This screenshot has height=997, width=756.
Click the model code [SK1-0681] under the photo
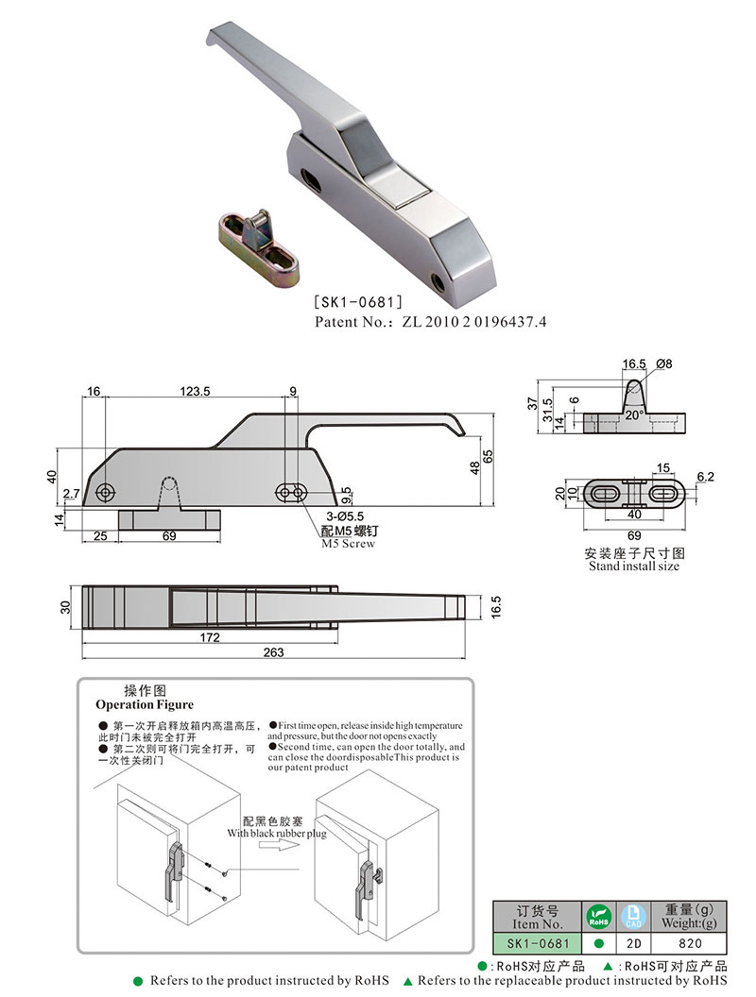[358, 303]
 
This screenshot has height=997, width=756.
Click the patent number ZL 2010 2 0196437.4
[430, 322]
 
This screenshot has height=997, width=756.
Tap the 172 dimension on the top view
[210, 637]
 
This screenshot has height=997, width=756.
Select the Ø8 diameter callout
[662, 363]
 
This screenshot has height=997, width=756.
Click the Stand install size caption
[633, 566]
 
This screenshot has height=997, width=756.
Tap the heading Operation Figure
[145, 704]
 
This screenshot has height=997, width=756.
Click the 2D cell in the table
[632, 942]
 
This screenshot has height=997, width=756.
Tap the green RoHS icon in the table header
[597, 915]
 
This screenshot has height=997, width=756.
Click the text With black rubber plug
[274, 834]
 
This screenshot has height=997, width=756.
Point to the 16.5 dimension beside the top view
[495, 605]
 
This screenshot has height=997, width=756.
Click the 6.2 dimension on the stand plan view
[704, 477]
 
